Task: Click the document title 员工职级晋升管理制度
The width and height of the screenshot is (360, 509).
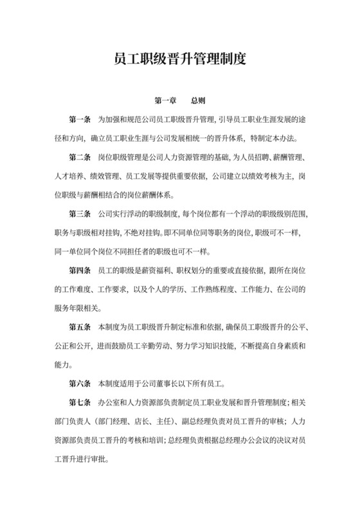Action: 179,60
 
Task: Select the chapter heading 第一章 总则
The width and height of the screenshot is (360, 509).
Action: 179,102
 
